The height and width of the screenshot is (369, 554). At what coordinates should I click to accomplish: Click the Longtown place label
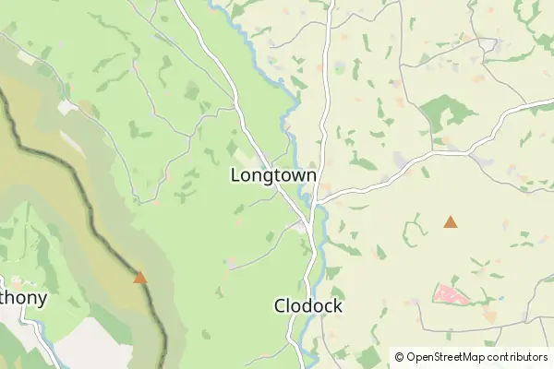273,175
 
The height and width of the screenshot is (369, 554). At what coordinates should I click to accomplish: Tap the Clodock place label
308,305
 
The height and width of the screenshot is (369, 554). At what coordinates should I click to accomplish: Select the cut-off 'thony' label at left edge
23,299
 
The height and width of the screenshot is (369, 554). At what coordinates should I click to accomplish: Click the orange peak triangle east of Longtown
450,221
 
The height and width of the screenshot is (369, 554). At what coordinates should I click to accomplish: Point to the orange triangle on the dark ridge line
139,277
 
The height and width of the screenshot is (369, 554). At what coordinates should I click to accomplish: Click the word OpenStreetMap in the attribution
451,356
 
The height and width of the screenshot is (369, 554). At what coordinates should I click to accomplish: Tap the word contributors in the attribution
520,356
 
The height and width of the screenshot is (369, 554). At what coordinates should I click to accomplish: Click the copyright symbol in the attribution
399,356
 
